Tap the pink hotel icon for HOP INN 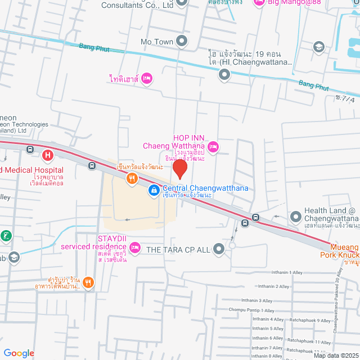[213, 147]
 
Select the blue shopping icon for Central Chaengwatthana [153, 191]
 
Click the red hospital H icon [48, 154]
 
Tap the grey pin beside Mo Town [182, 41]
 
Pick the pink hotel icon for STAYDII [134, 246]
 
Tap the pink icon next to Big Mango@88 [259, 3]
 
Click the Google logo [19, 353]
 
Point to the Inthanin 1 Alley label [287, 272]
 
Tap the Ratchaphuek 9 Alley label [310, 321]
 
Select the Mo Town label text [156, 42]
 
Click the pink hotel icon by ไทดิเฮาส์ [146, 78]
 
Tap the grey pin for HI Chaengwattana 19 [224, 74]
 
